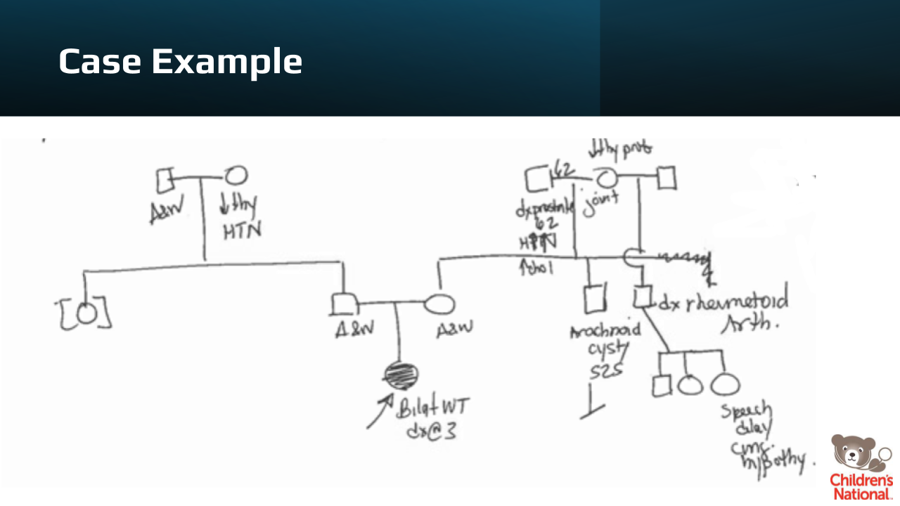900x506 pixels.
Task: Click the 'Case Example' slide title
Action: tap(180, 61)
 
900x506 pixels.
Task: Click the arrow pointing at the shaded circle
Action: tap(378, 411)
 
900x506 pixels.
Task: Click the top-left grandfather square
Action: tap(165, 181)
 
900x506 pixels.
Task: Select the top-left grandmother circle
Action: tap(236, 176)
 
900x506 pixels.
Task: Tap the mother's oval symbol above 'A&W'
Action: tap(439, 304)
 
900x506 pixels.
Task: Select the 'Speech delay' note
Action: tap(746, 419)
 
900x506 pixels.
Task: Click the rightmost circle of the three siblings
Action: tap(725, 384)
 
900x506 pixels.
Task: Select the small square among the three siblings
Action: tap(661, 386)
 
